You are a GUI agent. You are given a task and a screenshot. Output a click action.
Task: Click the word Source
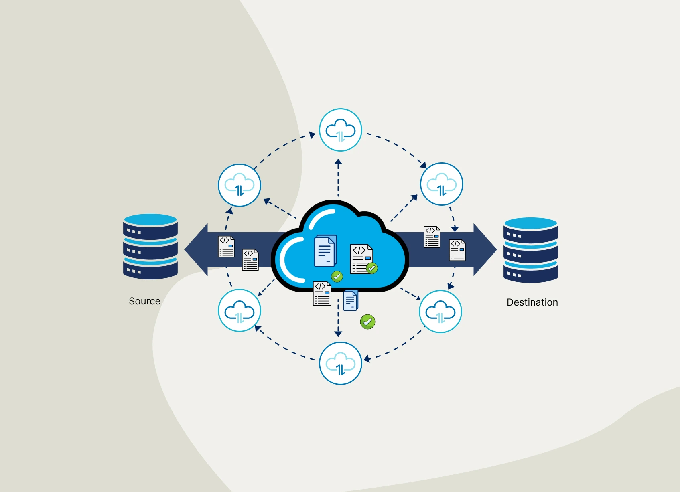tap(144, 301)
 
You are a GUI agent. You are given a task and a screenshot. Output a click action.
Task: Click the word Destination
tap(532, 302)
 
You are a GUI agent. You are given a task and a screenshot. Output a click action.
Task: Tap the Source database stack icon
tap(150, 246)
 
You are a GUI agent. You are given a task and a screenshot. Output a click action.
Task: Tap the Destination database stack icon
tap(530, 250)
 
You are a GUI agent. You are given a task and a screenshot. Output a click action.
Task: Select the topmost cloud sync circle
tap(341, 130)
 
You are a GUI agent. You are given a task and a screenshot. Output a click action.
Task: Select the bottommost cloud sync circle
tap(341, 363)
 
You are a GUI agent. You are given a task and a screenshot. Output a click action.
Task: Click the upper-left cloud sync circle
tap(240, 185)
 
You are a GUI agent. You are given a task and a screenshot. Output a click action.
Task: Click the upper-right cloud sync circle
tap(442, 184)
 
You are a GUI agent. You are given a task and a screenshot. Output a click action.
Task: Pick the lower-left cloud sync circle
tap(240, 310)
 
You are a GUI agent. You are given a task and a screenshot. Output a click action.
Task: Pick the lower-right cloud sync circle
tap(440, 312)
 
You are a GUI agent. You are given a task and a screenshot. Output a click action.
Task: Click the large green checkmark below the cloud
tap(367, 322)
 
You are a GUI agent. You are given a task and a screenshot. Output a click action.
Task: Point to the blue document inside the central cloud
tap(325, 251)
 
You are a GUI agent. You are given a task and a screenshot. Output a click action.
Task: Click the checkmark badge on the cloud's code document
tap(372, 268)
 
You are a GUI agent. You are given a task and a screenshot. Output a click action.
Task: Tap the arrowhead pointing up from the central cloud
tap(338, 162)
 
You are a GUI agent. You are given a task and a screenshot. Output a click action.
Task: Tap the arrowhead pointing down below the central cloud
tap(338, 334)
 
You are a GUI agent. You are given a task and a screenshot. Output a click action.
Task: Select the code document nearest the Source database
tap(226, 246)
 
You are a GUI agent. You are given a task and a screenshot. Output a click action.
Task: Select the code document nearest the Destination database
tap(457, 250)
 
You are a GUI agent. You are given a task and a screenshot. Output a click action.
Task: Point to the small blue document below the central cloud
tap(351, 300)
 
